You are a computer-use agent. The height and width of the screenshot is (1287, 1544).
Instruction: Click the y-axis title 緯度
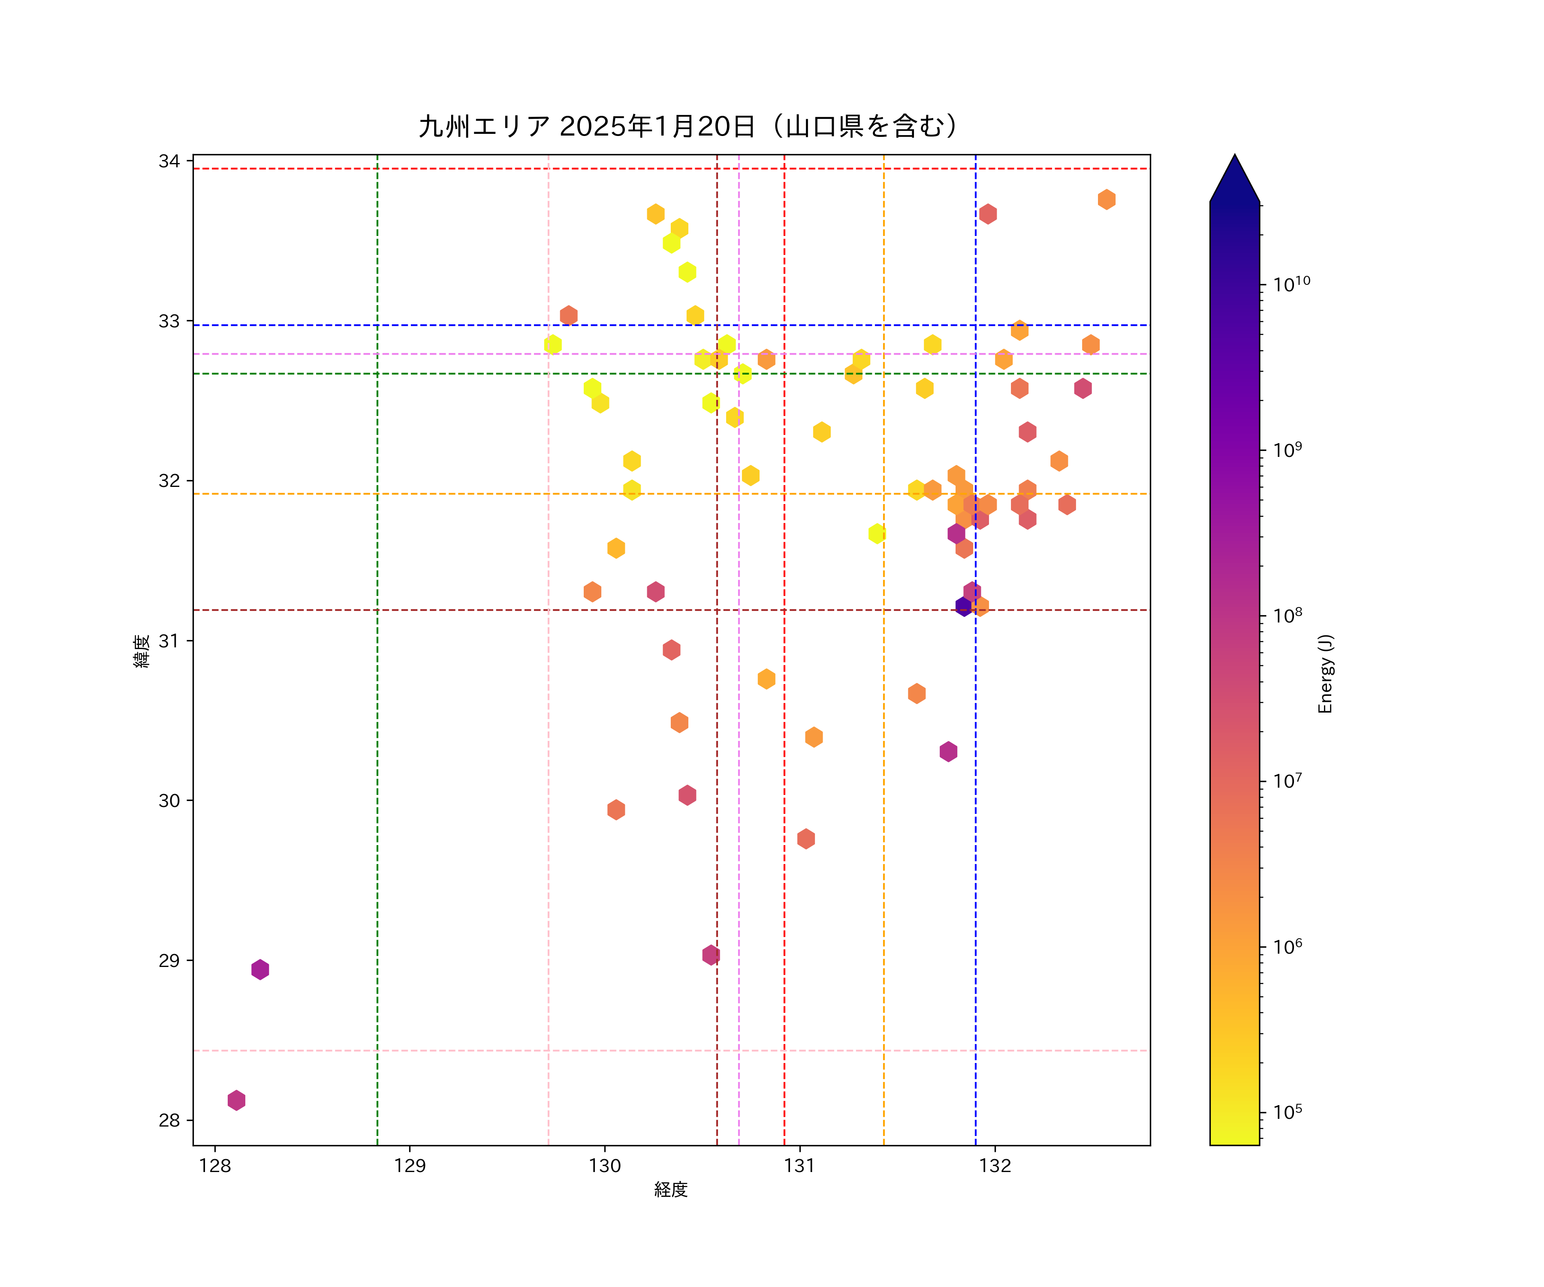pyautogui.click(x=142, y=651)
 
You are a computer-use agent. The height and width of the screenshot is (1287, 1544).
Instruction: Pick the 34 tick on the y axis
pyautogui.click(x=169, y=161)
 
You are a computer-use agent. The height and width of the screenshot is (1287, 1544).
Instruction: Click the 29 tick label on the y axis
pyautogui.click(x=169, y=961)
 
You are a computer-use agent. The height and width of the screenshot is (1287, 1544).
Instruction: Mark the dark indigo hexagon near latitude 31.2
pyautogui.click(x=963, y=606)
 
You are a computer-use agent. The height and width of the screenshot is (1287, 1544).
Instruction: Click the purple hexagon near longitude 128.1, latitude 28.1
pyautogui.click(x=236, y=1100)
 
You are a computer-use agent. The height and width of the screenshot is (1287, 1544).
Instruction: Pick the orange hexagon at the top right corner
pyautogui.click(x=1107, y=199)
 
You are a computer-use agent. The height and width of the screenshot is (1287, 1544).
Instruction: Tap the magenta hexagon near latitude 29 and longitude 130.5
pyautogui.click(x=710, y=955)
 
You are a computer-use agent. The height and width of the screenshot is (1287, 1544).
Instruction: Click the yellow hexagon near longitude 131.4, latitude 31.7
pyautogui.click(x=876, y=533)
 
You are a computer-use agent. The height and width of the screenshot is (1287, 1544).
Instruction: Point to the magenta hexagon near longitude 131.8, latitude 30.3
pyautogui.click(x=948, y=751)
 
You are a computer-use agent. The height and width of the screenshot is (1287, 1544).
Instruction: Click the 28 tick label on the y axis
pyautogui.click(x=169, y=1120)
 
